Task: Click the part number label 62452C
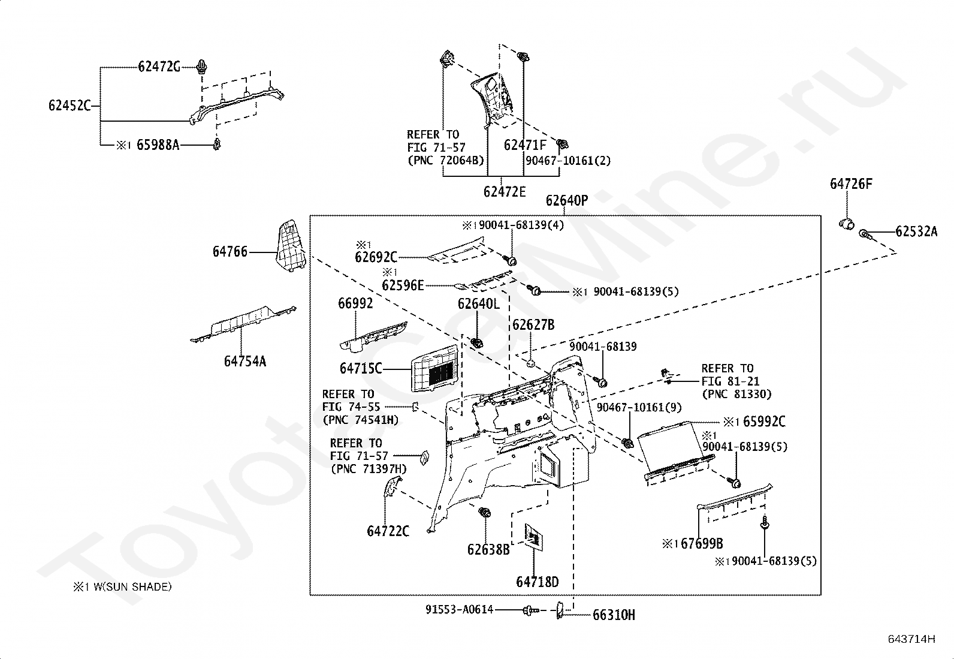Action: point(70,106)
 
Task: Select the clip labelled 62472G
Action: point(202,68)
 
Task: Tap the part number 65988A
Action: point(158,145)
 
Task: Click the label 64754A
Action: point(245,362)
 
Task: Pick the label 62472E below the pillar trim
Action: point(504,192)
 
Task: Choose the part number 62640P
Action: point(567,200)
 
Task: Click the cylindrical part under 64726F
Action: point(846,223)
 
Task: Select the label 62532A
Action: point(916,231)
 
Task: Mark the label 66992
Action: point(355,303)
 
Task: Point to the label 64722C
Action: point(388,531)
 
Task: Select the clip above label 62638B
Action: point(485,512)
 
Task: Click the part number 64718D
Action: point(537,582)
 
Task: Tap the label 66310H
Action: point(614,615)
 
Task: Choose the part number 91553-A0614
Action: point(459,610)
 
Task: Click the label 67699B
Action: point(702,543)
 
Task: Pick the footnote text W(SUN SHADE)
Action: point(132,587)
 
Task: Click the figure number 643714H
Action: point(911,639)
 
